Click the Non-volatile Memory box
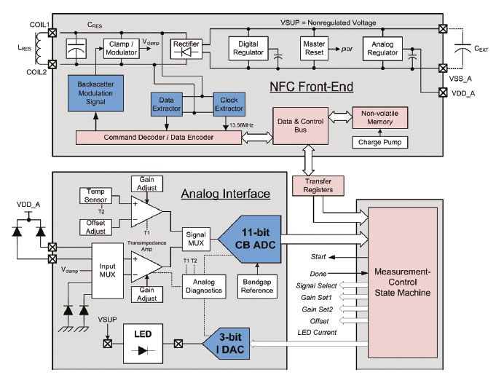tap(380, 118)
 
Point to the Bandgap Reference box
tap(258, 285)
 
